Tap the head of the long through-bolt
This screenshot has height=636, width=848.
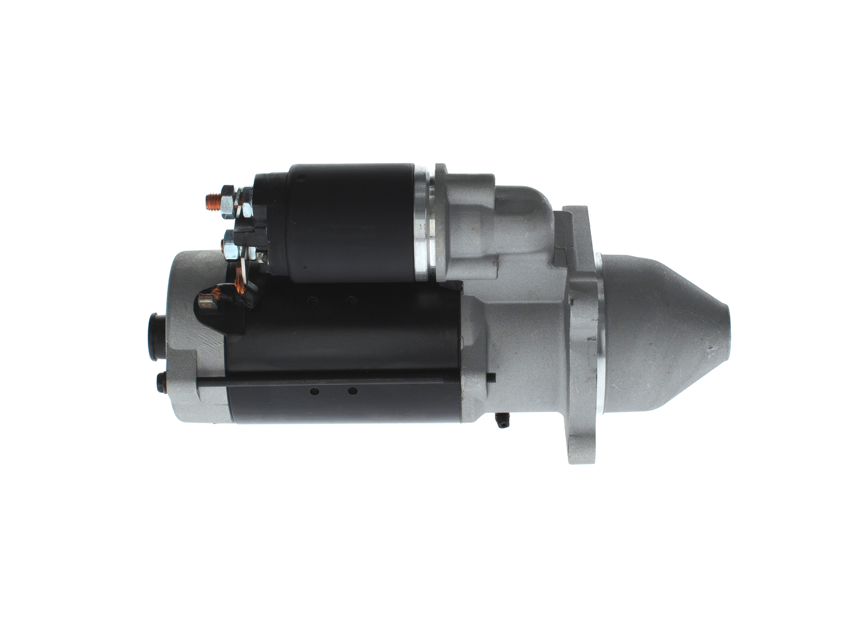(x=160, y=382)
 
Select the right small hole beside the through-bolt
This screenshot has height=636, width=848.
(x=352, y=392)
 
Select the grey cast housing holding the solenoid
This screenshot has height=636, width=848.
(x=477, y=225)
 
